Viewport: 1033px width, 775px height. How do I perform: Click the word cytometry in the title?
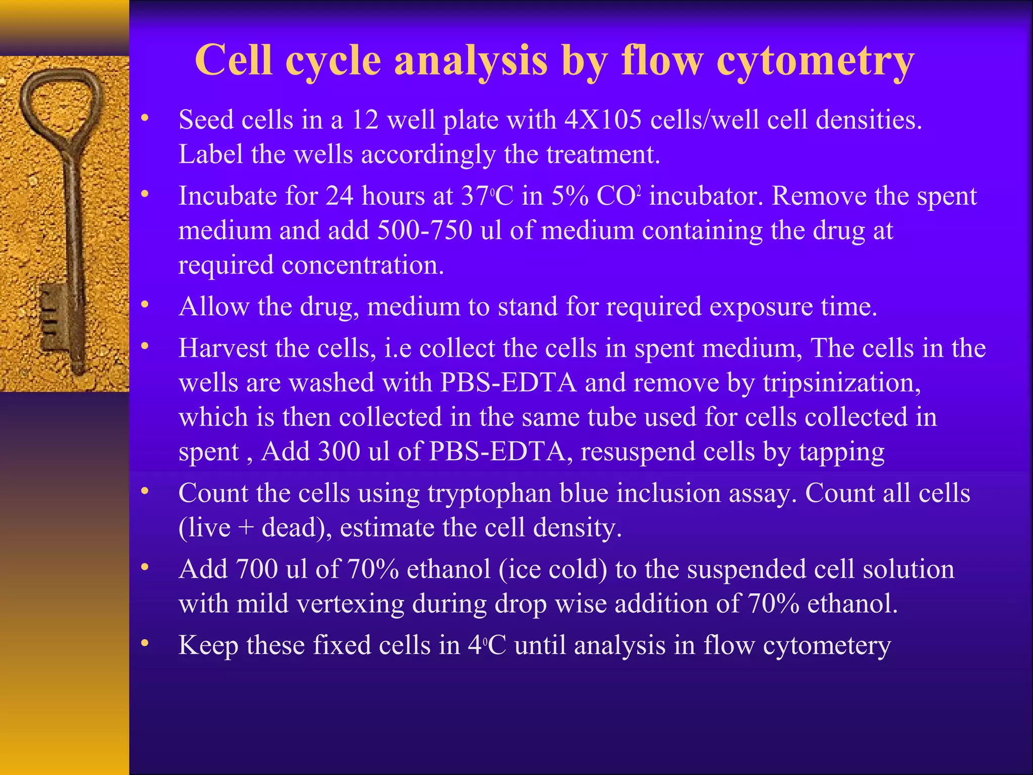(815, 62)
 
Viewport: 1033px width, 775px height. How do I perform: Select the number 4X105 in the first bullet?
(603, 120)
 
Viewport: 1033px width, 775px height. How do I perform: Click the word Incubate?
(227, 196)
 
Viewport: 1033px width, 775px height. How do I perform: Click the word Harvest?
(222, 348)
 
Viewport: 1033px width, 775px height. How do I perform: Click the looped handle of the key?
(61, 101)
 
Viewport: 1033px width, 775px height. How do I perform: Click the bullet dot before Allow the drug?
(145, 305)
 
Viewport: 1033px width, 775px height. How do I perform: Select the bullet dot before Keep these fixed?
(145, 643)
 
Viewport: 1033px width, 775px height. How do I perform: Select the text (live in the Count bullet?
(205, 528)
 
